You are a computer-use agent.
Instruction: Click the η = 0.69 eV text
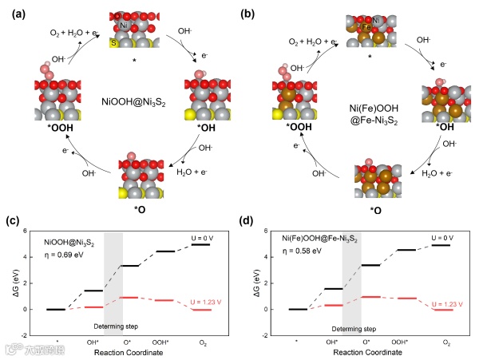[65, 255]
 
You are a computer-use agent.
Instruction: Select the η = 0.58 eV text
[299, 255]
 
